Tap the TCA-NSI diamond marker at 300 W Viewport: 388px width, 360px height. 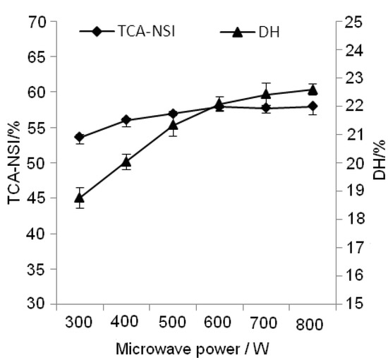click(80, 137)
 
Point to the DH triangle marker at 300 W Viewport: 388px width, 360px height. click(80, 198)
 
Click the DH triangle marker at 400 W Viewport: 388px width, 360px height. click(126, 162)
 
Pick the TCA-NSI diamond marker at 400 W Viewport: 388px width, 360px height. click(126, 120)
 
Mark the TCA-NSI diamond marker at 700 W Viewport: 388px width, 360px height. click(266, 108)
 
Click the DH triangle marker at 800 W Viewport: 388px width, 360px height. click(313, 90)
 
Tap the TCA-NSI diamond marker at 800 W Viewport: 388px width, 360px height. click(313, 107)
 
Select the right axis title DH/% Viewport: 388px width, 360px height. click(379, 163)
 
